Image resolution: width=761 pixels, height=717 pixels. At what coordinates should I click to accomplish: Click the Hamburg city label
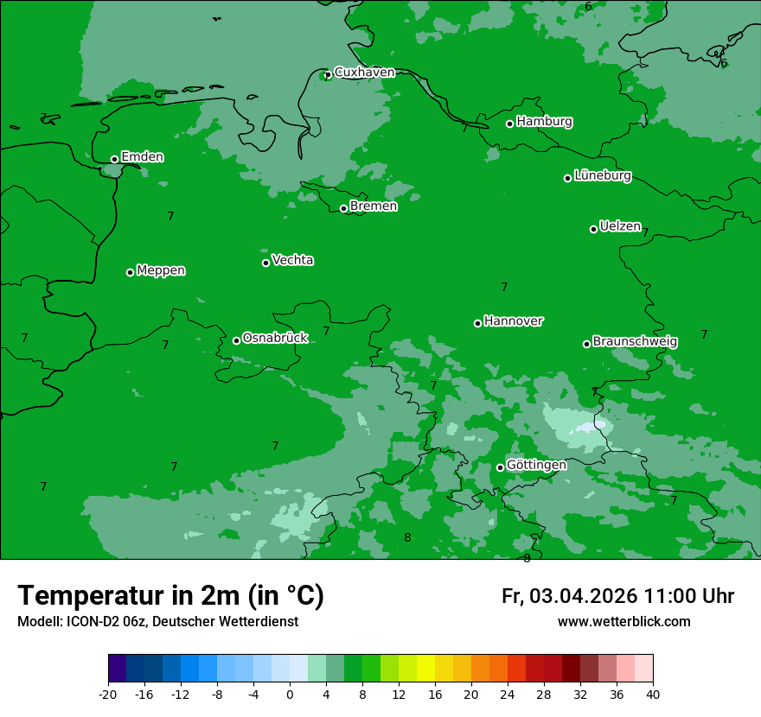point(544,122)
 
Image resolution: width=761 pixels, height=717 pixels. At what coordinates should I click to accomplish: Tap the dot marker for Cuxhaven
point(327,75)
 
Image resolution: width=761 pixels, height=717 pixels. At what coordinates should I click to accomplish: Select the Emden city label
point(142,157)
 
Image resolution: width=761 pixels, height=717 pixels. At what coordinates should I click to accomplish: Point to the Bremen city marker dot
point(343,208)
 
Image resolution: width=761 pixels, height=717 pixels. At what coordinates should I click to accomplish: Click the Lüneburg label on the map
point(602,176)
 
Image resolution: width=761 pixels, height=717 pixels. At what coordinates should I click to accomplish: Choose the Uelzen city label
point(620,227)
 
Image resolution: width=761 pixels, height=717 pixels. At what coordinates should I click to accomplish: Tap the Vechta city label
point(292,260)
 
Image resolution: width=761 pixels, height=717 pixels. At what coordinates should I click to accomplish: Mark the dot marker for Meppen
point(130,272)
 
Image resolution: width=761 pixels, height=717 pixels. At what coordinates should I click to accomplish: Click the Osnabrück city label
point(275,338)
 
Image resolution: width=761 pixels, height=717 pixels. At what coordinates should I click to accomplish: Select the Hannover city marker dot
point(477,323)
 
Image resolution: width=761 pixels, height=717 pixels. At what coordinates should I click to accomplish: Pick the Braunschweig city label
point(635,342)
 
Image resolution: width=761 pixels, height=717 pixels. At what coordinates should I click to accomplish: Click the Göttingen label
point(536,466)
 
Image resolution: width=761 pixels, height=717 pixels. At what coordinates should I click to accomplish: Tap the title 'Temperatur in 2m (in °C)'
point(170,596)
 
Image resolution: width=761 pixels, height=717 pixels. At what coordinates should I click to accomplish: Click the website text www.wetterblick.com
point(624,622)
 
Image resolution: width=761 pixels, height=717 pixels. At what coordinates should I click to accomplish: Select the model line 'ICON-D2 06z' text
point(103,622)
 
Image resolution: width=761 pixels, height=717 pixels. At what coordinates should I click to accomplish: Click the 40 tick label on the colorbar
point(653,694)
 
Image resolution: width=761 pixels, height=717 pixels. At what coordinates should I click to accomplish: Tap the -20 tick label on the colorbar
point(108,694)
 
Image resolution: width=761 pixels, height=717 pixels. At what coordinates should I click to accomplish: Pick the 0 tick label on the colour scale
point(290,694)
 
